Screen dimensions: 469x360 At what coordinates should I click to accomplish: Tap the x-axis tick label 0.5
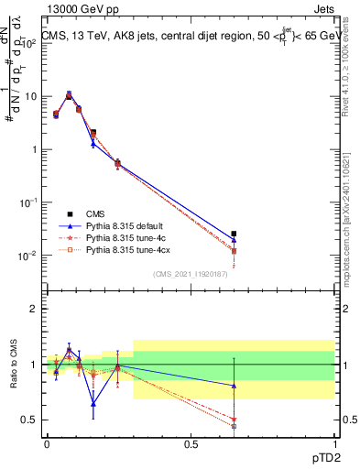191,442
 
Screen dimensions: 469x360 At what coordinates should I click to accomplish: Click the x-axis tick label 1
334,442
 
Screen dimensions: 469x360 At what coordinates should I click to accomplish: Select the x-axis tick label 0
47,442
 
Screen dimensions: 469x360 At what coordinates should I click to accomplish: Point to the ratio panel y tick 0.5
30,420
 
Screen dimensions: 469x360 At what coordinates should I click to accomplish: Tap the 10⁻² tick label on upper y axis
30,256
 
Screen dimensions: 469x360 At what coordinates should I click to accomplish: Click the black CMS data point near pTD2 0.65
235,234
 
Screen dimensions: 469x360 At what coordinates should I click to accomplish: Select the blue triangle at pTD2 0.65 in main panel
235,240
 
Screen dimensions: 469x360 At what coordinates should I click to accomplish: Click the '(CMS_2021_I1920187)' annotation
190,273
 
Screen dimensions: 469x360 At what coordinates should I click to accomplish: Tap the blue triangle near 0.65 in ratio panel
235,386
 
